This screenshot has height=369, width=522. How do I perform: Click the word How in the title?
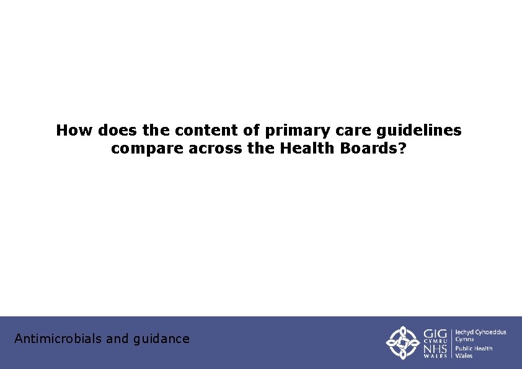pos(74,131)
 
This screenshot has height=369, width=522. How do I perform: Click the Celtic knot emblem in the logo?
pos(403,342)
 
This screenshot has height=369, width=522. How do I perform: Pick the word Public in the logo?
pos(465,349)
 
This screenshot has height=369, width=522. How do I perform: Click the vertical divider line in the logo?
pos(451,342)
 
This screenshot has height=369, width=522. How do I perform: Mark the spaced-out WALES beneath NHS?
pos(436,356)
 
